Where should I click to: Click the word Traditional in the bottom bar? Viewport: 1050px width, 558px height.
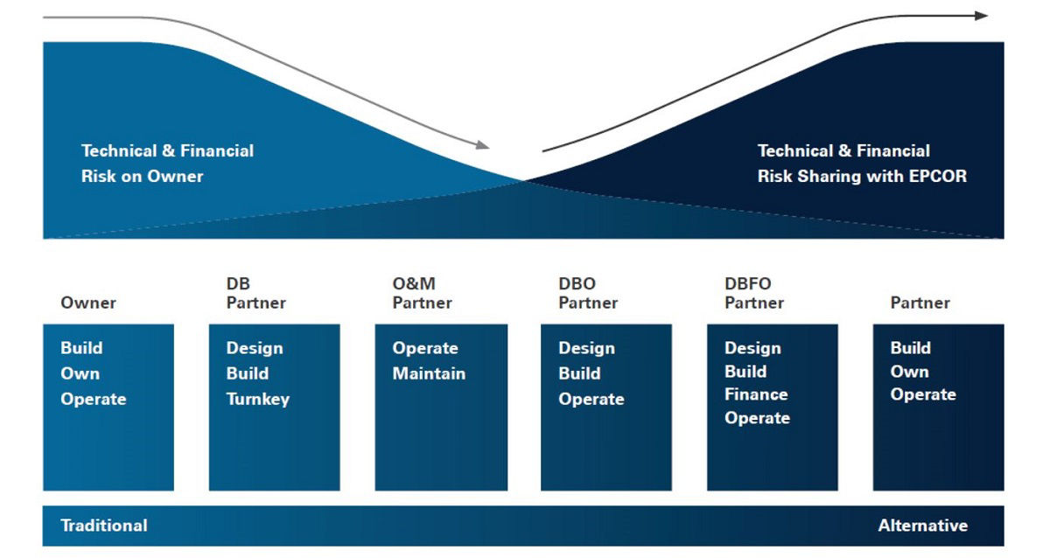[x=103, y=526]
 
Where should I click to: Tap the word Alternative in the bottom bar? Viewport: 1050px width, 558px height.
[x=922, y=526]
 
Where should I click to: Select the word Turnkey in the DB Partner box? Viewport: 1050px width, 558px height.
[x=258, y=399]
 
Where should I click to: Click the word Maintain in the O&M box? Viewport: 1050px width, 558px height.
[x=429, y=373]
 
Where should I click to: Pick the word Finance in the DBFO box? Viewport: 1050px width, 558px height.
[x=756, y=394]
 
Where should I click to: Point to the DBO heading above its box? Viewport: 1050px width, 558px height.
[x=577, y=283]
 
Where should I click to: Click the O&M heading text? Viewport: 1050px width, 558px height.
[x=414, y=283]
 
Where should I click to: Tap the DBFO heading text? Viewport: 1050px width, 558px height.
[x=747, y=283]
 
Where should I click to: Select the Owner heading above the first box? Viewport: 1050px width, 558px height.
[x=88, y=303]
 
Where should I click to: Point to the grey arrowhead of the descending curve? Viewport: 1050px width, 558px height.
[x=483, y=145]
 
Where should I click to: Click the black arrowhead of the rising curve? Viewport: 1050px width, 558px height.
[x=981, y=16]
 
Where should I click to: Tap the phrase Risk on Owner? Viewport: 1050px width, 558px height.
[x=142, y=176]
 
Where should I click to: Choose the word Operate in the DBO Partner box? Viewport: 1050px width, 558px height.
[x=591, y=399]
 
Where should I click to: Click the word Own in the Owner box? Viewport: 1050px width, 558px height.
[x=80, y=373]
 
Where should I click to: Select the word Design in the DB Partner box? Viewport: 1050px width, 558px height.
[x=255, y=348]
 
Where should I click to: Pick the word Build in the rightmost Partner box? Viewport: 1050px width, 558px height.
[x=910, y=347]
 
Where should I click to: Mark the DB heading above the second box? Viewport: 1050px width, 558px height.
[x=238, y=283]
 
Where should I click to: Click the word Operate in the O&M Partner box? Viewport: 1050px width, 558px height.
[x=425, y=348]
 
